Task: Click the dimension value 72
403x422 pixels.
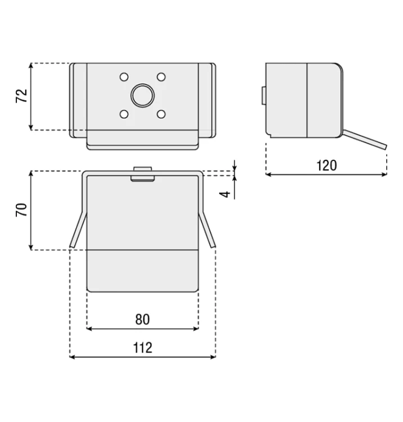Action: tap(22, 96)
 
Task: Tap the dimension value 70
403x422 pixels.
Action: tap(21, 210)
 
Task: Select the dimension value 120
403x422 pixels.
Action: tap(327, 165)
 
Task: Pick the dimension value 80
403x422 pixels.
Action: tap(143, 320)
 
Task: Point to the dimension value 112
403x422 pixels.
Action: tap(143, 348)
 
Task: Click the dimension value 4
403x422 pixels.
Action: tap(225, 194)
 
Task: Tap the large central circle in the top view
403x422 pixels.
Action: tap(143, 96)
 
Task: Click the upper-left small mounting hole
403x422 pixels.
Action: tap(124, 77)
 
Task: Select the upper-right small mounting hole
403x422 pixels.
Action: tap(161, 77)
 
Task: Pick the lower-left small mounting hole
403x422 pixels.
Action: tap(124, 114)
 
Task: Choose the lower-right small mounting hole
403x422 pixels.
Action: tap(161, 114)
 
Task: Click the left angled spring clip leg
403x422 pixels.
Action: tap(78, 230)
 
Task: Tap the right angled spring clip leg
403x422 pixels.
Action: tap(207, 230)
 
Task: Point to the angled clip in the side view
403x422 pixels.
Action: tap(365, 140)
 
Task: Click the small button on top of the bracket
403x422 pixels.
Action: tap(143, 174)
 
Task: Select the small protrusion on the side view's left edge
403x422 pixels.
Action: tap(264, 96)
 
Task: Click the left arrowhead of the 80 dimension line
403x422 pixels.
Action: tap(89, 329)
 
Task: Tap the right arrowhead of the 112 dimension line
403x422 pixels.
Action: tap(213, 357)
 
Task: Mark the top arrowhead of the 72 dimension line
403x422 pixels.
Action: tap(31, 66)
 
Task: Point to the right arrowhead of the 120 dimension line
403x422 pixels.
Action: tap(384, 174)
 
